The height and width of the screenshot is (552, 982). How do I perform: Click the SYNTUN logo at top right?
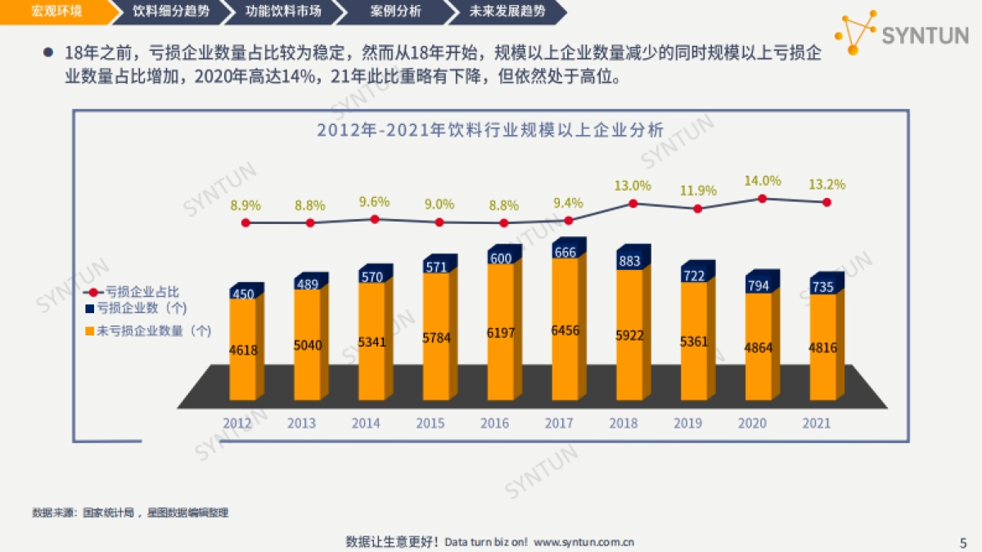point(900,34)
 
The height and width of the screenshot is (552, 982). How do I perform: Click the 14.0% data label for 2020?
point(762,181)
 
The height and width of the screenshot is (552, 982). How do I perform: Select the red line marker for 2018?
point(633,204)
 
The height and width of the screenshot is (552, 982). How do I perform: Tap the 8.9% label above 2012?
point(245,205)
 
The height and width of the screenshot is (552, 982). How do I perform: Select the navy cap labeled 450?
point(244,294)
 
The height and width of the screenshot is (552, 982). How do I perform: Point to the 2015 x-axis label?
point(430,423)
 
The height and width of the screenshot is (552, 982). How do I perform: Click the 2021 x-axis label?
point(816,423)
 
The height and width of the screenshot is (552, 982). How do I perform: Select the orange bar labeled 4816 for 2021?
point(822,348)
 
